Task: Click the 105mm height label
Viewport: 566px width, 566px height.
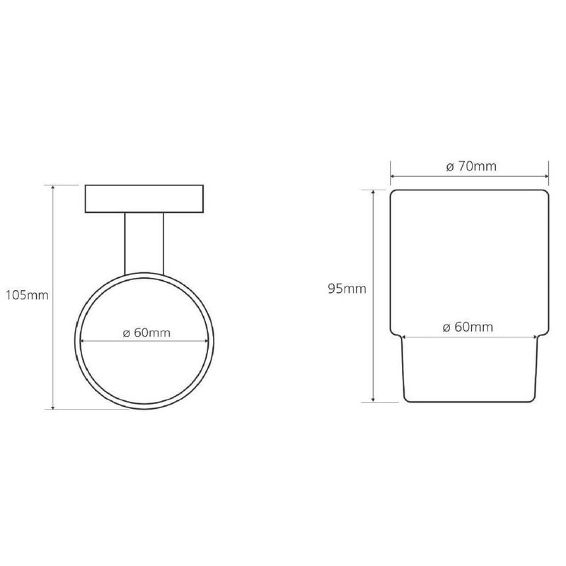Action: pyautogui.click(x=27, y=295)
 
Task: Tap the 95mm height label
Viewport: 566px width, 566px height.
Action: pyautogui.click(x=347, y=289)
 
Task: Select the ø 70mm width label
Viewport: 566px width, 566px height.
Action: pyautogui.click(x=471, y=166)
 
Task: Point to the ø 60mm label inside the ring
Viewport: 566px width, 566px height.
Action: pyautogui.click(x=146, y=333)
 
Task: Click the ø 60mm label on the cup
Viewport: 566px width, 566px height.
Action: pyautogui.click(x=468, y=327)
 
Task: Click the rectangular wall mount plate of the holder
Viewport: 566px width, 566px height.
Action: pyautogui.click(x=144, y=199)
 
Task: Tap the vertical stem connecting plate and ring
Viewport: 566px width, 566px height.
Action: pyautogui.click(x=144, y=243)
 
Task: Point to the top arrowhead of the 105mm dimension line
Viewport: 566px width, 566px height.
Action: pyautogui.click(x=53, y=187)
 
